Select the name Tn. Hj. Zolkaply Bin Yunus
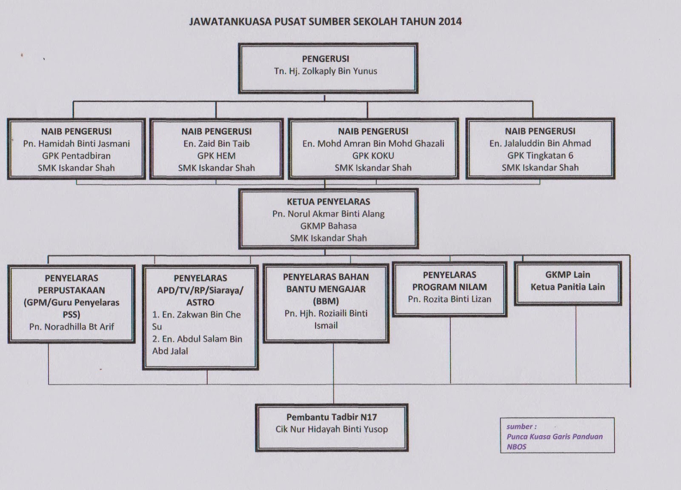coord(326,71)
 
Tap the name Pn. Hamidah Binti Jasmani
coord(77,144)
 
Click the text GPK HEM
coord(216,156)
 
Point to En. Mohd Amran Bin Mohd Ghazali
coord(373,144)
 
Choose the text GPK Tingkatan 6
coord(540,155)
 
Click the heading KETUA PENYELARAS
coord(328,202)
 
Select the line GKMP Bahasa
coord(328,226)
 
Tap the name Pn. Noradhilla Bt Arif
coord(72,327)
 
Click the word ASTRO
coord(200,303)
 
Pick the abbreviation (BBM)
coord(326,301)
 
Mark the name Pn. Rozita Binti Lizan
coord(449,299)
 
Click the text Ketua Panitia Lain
coord(567,287)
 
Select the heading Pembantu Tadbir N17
coord(332,417)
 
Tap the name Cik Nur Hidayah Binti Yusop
coord(332,429)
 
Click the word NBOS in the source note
coord(516,447)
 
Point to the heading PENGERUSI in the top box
coord(326,59)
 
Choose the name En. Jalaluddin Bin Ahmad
coord(540,143)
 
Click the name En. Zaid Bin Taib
coord(216,144)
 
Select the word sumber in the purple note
coord(519,427)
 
